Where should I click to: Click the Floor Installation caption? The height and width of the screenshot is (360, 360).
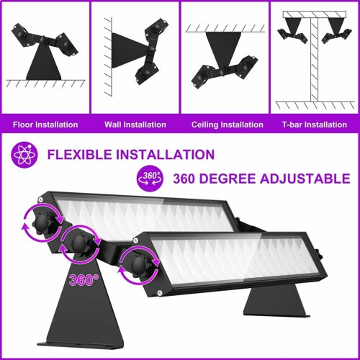pos(45,125)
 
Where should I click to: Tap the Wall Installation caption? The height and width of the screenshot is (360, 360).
pos(135,125)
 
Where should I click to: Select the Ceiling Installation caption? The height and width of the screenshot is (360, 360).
pos(228,125)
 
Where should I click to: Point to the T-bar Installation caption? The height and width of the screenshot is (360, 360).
pos(315,125)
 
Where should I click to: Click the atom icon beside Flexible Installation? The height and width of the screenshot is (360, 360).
pos(24,155)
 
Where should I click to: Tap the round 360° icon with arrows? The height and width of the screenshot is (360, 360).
pos(150,179)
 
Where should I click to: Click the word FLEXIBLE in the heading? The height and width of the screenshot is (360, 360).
pos(79,155)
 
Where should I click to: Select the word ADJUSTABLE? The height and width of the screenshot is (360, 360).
pos(305,179)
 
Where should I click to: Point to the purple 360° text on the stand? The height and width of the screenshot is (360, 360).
pos(84,279)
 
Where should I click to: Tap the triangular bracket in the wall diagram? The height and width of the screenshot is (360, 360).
pos(129,50)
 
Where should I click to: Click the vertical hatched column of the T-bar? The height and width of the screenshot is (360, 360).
pos(315,60)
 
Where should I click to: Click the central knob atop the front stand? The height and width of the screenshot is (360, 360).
pos(79,244)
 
